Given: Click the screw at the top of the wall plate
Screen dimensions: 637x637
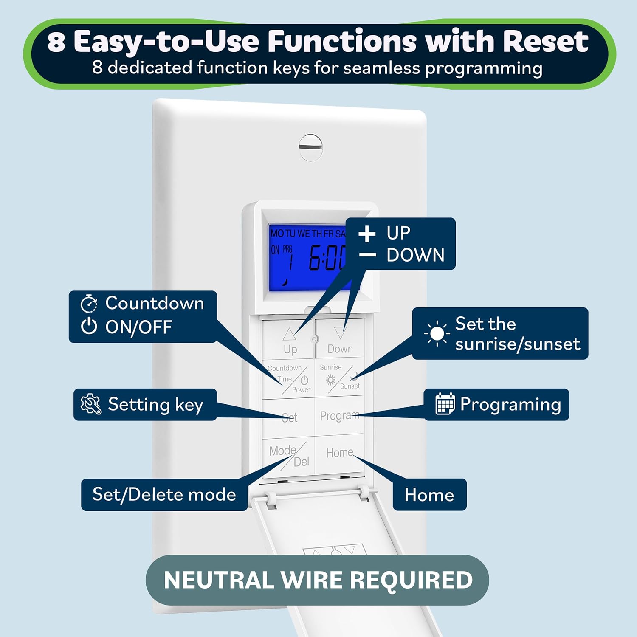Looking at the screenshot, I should (x=310, y=147).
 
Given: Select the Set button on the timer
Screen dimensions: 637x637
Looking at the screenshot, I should (x=289, y=417).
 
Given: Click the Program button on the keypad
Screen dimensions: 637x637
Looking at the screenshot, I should (x=339, y=416).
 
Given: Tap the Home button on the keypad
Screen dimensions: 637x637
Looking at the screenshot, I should (x=339, y=453).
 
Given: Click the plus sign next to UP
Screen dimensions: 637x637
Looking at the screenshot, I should (x=367, y=234).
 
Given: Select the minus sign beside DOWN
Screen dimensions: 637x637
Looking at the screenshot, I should (x=367, y=255).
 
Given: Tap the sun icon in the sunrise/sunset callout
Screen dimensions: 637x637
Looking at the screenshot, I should (x=437, y=334).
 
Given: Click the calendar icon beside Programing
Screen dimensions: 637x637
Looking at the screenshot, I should (x=445, y=404).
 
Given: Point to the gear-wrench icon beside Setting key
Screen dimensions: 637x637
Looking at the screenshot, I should (x=91, y=404).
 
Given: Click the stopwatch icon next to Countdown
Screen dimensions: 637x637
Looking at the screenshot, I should (x=89, y=304).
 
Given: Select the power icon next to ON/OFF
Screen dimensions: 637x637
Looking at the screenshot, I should (x=89, y=327).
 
